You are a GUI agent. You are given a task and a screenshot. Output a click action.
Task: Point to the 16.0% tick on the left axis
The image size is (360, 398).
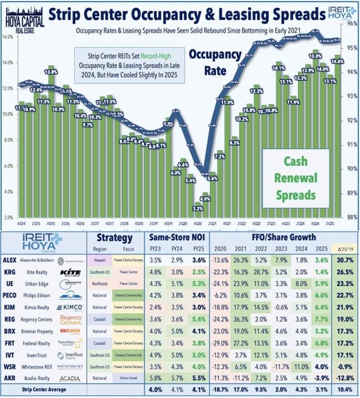click(7, 36)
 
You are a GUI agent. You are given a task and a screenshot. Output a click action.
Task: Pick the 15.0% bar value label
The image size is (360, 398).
click(315, 57)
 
